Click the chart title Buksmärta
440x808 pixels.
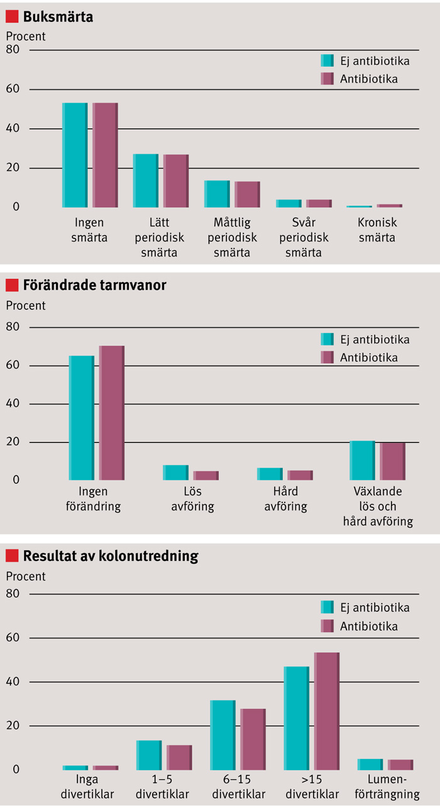(x=58, y=17)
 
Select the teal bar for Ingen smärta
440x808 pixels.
(x=75, y=155)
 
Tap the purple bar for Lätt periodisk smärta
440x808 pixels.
(x=176, y=181)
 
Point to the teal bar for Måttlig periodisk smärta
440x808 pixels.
(x=217, y=194)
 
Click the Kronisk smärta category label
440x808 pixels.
(x=377, y=231)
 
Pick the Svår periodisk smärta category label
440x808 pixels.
(x=304, y=238)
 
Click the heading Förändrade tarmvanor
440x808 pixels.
(x=94, y=285)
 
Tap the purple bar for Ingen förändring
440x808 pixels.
(x=111, y=413)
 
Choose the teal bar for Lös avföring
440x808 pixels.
(x=175, y=472)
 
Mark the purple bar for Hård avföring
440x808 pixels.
(x=300, y=475)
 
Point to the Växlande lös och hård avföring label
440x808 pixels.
(x=378, y=506)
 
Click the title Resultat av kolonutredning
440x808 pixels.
(x=110, y=555)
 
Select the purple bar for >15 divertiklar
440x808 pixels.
(x=326, y=711)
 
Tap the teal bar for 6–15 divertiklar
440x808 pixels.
(x=223, y=735)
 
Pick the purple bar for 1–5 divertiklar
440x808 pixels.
(x=179, y=758)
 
